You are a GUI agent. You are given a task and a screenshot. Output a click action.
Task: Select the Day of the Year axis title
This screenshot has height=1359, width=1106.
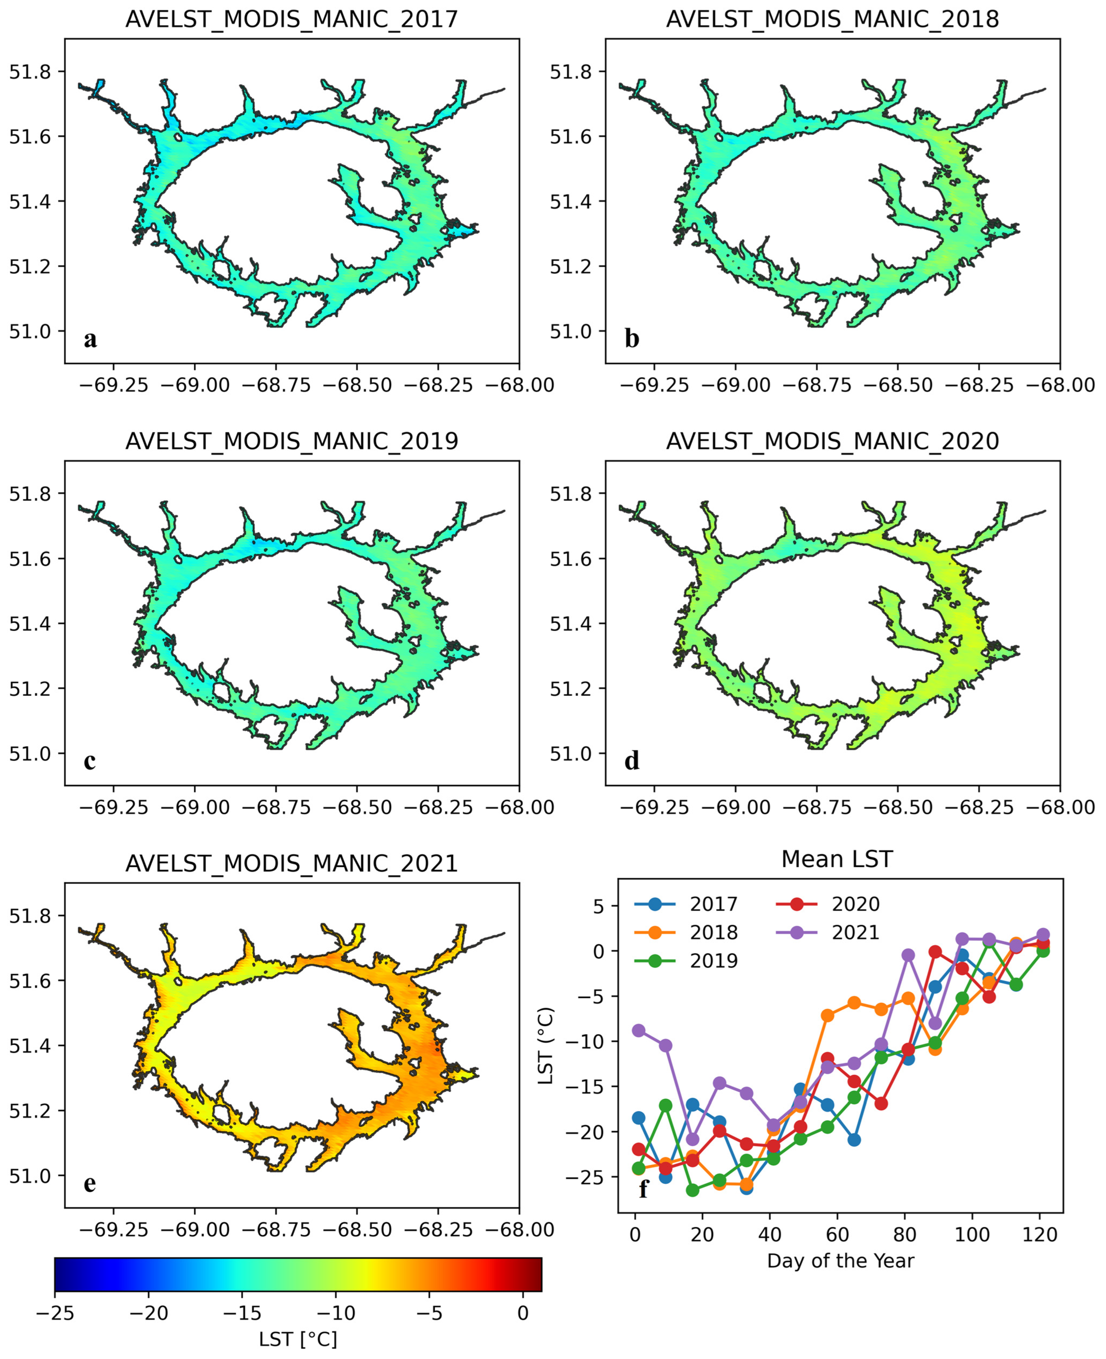pyautogui.click(x=840, y=1260)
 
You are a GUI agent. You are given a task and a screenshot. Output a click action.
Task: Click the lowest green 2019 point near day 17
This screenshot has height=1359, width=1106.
pyautogui.click(x=693, y=1190)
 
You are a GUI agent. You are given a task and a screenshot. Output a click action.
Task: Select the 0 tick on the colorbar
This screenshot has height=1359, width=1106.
pyautogui.click(x=523, y=1313)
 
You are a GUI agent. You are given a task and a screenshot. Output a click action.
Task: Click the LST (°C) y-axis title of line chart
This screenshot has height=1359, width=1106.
pyautogui.click(x=546, y=1046)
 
